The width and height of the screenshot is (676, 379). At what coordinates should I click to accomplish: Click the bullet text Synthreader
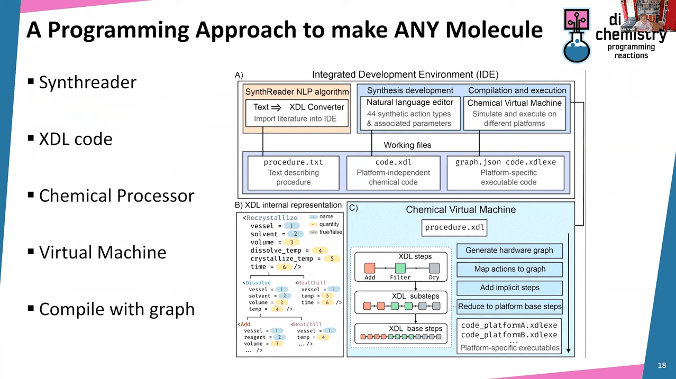[x=87, y=82]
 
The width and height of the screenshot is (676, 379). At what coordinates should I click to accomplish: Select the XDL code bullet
[x=76, y=139]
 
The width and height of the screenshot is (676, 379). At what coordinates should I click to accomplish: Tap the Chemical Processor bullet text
[x=116, y=196]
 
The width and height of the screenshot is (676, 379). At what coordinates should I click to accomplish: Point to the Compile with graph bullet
[x=116, y=309]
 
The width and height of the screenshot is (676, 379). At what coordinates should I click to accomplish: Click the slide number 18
[x=662, y=365]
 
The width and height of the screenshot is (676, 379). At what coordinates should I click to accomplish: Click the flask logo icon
[x=577, y=36]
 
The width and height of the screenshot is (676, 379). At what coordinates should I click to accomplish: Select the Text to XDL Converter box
[x=297, y=113]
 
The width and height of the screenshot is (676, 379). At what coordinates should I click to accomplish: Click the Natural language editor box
[x=409, y=113]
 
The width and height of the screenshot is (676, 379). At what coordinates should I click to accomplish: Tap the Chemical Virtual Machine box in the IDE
[x=514, y=113]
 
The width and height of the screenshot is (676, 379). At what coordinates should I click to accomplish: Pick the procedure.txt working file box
[x=293, y=172]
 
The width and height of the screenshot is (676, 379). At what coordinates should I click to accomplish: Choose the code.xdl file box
[x=393, y=172]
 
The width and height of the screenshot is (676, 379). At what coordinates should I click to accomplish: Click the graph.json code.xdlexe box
[x=508, y=172]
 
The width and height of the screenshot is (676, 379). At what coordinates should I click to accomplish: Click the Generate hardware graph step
[x=509, y=251]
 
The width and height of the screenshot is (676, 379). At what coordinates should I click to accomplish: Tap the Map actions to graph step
[x=509, y=269]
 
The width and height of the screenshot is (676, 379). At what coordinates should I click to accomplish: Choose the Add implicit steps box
[x=509, y=288]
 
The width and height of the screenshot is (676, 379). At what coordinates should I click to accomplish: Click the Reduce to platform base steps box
[x=509, y=307]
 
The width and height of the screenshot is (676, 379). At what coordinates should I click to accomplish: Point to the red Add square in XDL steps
[x=370, y=268]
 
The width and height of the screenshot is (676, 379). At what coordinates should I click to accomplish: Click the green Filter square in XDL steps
[x=400, y=268]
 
